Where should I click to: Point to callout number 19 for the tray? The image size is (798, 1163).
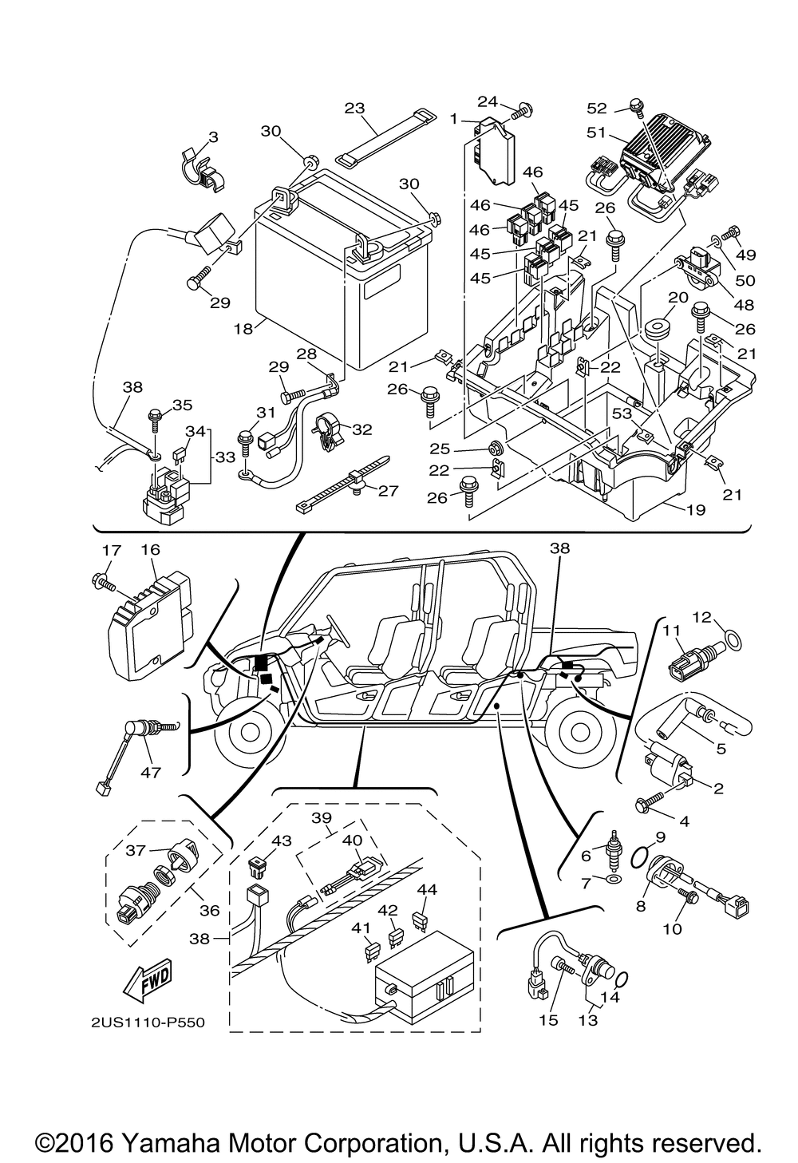(695, 509)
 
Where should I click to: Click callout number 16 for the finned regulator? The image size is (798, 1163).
(151, 550)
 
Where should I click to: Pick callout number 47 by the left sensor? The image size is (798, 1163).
(150, 772)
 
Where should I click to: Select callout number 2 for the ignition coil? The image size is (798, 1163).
(717, 789)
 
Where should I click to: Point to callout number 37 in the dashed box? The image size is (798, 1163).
(136, 850)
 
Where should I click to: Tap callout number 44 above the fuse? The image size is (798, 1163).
(427, 889)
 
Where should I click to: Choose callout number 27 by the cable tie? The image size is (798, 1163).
(388, 491)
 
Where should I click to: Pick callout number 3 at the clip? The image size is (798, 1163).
(190, 138)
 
